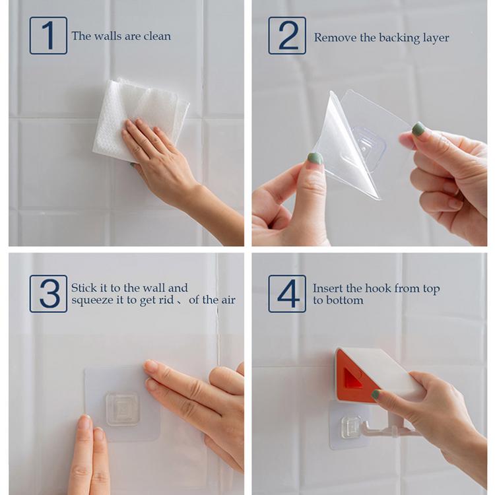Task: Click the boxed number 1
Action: (x=48, y=36)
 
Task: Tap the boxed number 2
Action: (x=287, y=36)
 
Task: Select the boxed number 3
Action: (x=48, y=294)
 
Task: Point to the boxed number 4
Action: (x=287, y=294)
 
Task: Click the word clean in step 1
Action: (x=156, y=36)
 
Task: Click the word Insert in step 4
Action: (x=328, y=288)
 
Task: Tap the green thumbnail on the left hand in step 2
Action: (x=315, y=158)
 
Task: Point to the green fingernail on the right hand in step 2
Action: (x=418, y=129)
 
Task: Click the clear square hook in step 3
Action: (x=123, y=409)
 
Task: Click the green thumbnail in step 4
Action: (x=376, y=395)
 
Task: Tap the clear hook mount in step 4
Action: (x=350, y=426)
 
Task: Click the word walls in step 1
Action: (x=107, y=36)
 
